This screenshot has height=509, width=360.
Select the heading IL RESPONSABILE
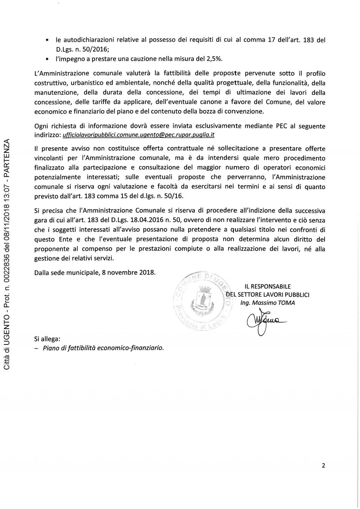tap(268, 286)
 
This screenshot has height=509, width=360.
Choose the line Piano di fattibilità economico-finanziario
tap(103, 348)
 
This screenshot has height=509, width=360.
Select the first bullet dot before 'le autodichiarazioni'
tap(47, 41)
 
